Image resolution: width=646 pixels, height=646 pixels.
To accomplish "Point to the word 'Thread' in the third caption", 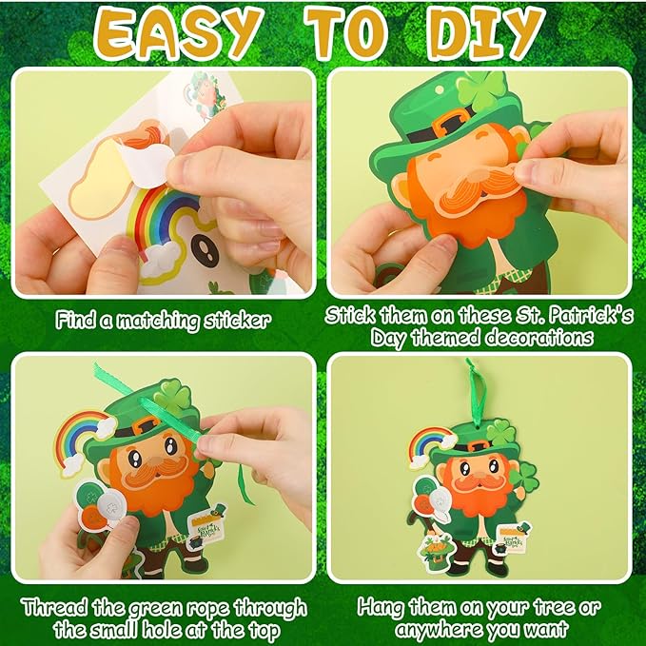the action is (x=54, y=607).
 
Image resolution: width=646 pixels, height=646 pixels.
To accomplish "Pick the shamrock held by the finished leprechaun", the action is (x=524, y=477).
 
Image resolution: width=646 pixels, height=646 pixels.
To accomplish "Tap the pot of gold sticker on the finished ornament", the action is (x=501, y=549).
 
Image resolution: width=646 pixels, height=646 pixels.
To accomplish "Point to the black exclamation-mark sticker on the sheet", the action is (x=205, y=250).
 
